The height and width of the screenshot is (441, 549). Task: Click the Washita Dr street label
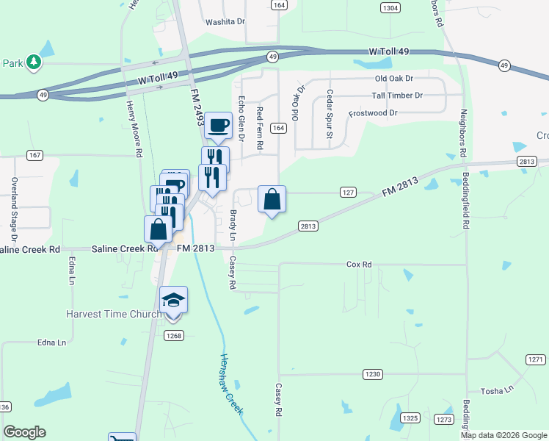click(225, 22)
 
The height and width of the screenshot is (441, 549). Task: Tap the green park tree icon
click(33, 62)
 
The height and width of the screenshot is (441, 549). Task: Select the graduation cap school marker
click(173, 300)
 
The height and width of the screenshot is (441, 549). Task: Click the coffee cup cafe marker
click(217, 126)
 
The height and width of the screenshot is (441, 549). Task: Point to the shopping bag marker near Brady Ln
click(272, 199)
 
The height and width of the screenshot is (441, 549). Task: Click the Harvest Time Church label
click(114, 314)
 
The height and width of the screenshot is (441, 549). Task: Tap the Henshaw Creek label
click(231, 384)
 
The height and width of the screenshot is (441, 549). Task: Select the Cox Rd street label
click(359, 264)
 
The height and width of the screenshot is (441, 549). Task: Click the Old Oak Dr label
click(394, 78)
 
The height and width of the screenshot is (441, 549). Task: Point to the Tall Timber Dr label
click(397, 96)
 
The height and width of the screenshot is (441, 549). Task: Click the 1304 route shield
click(390, 7)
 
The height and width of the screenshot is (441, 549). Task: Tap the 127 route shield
click(348, 192)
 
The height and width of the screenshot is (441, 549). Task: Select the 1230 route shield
click(373, 374)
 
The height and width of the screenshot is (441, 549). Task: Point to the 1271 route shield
click(535, 359)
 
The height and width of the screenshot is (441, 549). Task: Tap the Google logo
click(24, 432)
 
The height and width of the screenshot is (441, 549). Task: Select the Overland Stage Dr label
click(13, 210)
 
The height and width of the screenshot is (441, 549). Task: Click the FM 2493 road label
click(196, 107)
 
